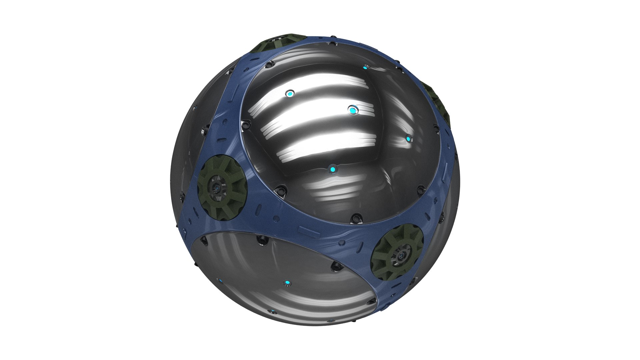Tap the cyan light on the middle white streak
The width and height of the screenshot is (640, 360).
click(353, 109)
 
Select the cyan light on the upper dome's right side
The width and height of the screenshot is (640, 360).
click(408, 138)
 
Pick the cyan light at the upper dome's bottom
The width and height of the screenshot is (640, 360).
click(332, 170)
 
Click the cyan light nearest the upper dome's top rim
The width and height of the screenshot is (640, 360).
click(365, 68)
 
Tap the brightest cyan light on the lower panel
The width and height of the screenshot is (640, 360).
click(287, 283)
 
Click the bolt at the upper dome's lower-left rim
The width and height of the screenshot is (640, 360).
click(280, 191)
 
